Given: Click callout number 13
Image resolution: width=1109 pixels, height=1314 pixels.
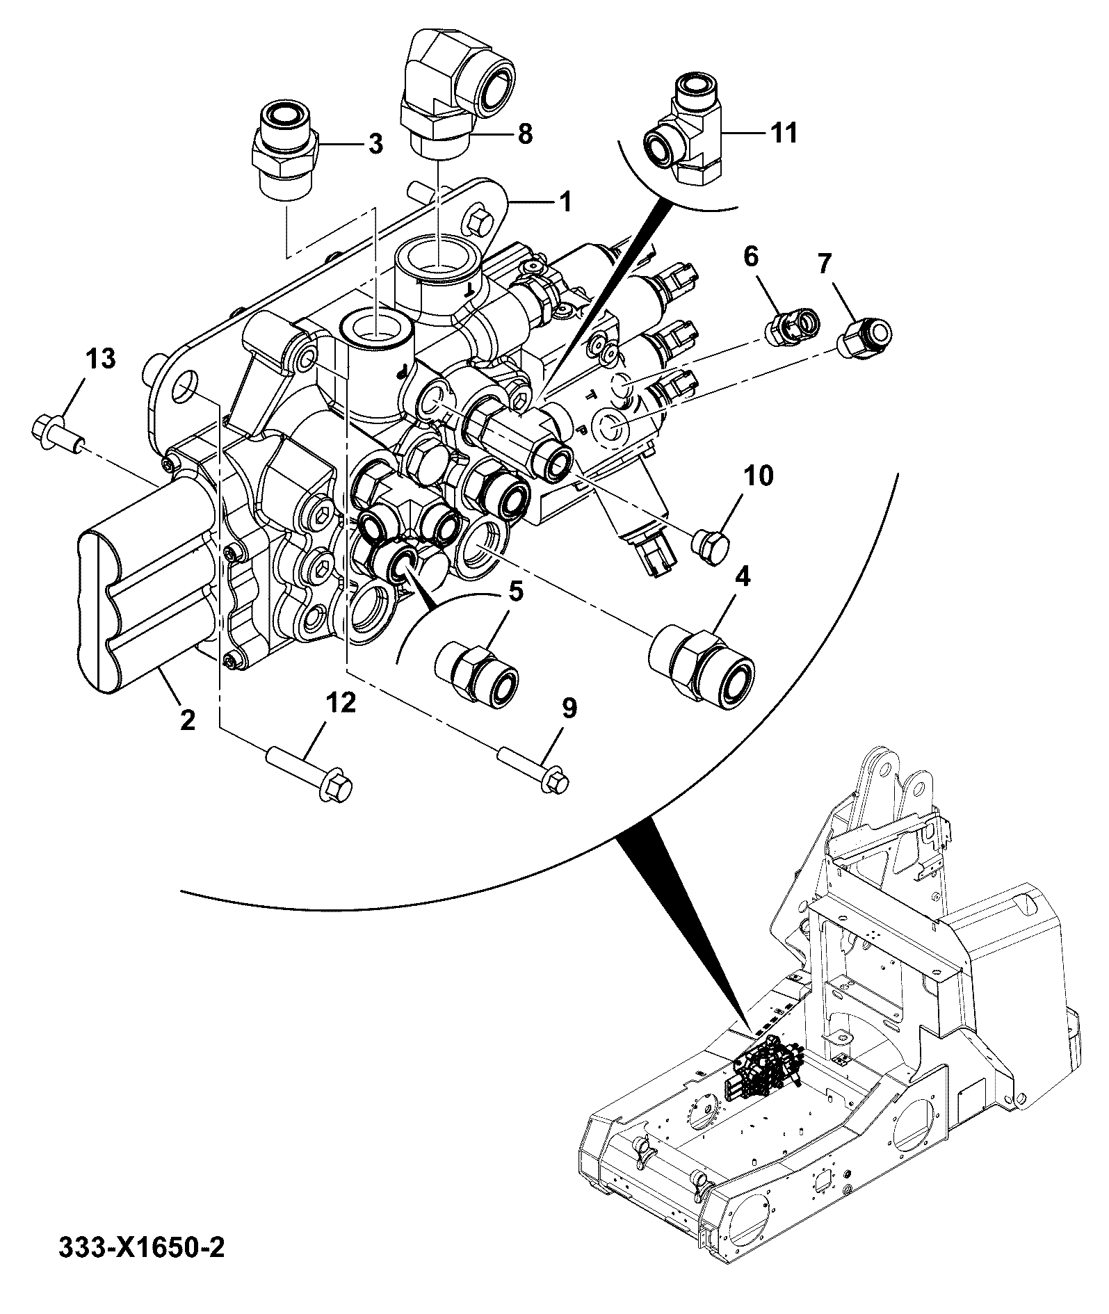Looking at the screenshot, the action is click(x=101, y=360).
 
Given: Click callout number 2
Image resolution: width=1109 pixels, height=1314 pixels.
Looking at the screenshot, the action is click(x=187, y=720).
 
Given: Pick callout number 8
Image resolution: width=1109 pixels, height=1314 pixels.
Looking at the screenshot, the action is click(x=525, y=133).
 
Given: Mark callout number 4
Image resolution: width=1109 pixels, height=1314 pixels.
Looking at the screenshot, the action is click(x=743, y=578).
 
